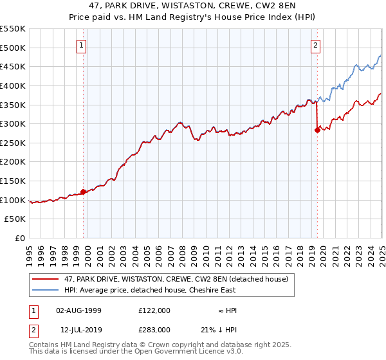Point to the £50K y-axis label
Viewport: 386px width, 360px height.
[x=16, y=219]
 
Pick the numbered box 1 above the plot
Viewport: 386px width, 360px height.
[x=82, y=45]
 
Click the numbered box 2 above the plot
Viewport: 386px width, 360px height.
[x=316, y=45]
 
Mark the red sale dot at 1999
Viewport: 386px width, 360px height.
[x=84, y=192]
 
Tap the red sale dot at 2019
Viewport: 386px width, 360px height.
[x=317, y=130]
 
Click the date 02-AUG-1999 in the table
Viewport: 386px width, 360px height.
[x=78, y=310]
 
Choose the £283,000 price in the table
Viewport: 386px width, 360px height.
[x=154, y=329]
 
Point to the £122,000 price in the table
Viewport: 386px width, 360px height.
[x=154, y=310]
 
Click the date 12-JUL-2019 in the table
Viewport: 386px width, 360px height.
[x=78, y=329]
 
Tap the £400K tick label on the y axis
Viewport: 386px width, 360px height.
[x=14, y=85]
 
